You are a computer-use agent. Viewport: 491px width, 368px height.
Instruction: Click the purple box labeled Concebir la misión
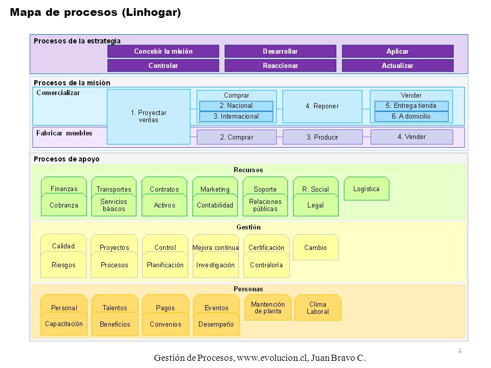point(163,51)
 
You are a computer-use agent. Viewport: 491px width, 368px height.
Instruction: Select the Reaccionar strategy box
point(280,66)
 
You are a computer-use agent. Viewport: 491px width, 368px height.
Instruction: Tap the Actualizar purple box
point(398,66)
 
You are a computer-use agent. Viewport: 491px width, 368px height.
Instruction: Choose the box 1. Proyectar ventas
point(149,117)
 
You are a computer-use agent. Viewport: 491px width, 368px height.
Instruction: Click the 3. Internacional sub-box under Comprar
point(236,117)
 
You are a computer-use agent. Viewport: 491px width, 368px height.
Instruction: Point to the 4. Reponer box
point(322,106)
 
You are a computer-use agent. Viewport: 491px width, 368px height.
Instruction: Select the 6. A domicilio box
point(411,117)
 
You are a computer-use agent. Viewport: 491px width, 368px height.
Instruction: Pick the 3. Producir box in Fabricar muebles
point(323,137)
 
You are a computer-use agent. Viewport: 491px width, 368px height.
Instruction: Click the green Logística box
point(366,189)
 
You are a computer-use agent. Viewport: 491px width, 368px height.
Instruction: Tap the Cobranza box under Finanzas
point(64,205)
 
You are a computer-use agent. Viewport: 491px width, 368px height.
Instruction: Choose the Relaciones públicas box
point(265,205)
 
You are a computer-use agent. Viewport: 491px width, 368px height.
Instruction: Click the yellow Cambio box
point(316,247)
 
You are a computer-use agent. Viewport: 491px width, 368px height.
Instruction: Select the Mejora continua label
point(215,247)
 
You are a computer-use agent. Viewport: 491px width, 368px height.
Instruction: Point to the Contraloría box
point(266,265)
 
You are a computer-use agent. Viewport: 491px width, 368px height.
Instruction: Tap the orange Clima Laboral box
point(318,308)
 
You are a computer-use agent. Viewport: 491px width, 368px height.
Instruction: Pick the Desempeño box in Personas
point(216,324)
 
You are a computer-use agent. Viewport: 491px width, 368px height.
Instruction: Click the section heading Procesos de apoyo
point(66,159)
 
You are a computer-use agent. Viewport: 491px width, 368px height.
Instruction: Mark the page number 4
point(459,351)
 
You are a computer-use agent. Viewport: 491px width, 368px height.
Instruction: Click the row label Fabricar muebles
point(64,133)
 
